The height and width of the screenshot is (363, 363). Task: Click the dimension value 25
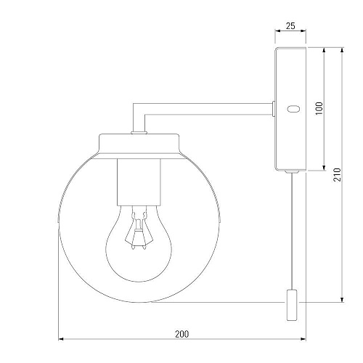290,25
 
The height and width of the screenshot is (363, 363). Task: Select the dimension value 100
319,108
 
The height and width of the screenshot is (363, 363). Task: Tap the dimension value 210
337,174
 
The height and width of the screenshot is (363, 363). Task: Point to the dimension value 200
181,334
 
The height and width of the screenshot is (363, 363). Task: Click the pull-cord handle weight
292,305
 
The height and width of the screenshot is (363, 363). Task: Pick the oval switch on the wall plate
294,109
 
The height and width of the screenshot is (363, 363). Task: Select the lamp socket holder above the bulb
139,182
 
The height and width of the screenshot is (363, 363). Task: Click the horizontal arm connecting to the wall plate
208,109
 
